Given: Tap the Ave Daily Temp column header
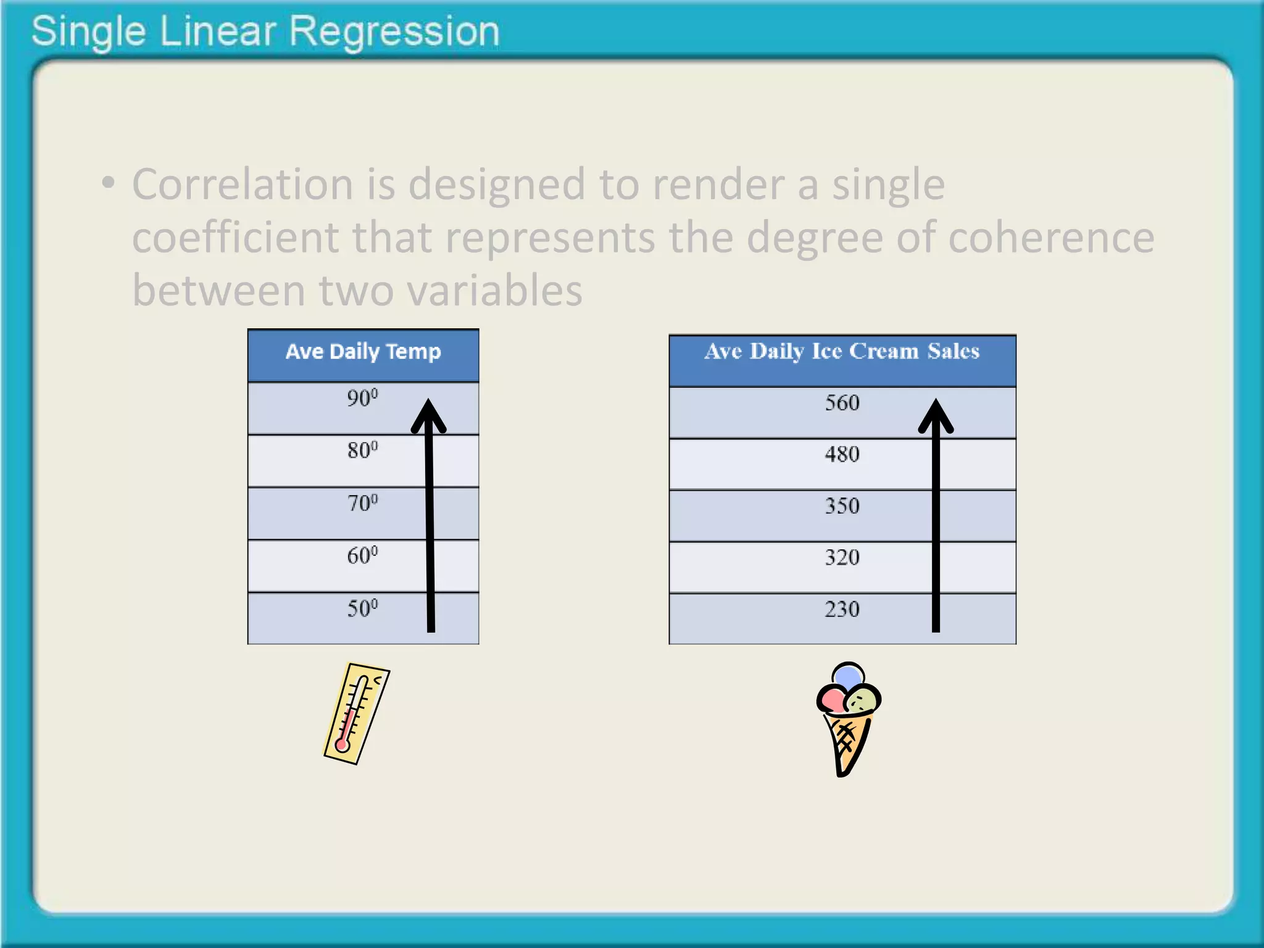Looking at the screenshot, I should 363,352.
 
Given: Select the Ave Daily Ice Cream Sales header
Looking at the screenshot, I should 842,352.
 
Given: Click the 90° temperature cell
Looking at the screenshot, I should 362,398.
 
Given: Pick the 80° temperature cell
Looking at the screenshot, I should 362,450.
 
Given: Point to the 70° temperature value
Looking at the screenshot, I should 362,503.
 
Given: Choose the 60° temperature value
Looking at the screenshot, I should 362,555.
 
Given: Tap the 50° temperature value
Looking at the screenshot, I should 362,609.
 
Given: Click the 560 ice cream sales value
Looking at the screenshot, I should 842,403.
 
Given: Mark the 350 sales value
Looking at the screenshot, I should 842,506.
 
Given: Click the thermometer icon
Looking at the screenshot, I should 357,713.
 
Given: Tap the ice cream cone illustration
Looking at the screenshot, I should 848,719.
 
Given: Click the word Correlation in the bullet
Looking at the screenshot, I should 243,185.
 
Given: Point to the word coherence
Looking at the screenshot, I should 1050,238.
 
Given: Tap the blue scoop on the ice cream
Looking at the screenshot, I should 848,676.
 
